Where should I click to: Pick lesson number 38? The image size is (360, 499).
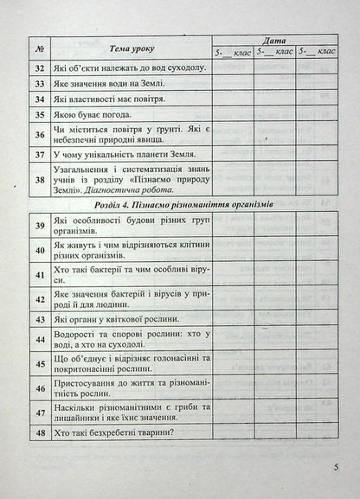coord(38,178)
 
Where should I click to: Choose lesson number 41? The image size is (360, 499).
coord(38,278)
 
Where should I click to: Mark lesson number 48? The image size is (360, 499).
coord(38,432)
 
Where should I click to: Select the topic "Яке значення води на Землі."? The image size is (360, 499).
coord(109,83)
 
